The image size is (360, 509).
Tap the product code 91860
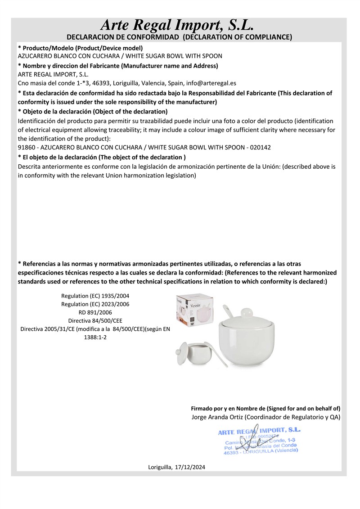pyautogui.click(x=26, y=147)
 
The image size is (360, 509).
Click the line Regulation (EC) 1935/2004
pyautogui.click(x=95, y=296)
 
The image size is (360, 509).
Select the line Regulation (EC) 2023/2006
pyautogui.click(x=95, y=304)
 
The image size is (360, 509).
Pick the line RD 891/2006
pyautogui.click(x=95, y=312)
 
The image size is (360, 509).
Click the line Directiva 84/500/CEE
pyautogui.click(x=95, y=321)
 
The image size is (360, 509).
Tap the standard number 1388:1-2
pyautogui.click(x=95, y=338)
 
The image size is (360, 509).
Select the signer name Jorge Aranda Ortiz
pyautogui.click(x=218, y=417)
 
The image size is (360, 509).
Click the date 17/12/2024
pyautogui.click(x=190, y=468)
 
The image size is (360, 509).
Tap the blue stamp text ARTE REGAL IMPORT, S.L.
pyautogui.click(x=259, y=431)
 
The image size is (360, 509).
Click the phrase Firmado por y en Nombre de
pyautogui.click(x=228, y=409)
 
